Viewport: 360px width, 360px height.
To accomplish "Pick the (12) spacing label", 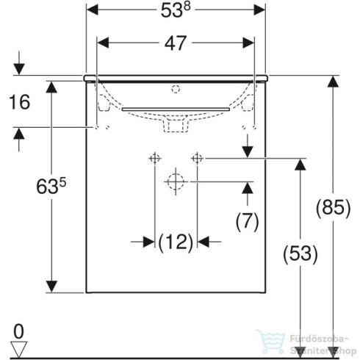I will (176, 240).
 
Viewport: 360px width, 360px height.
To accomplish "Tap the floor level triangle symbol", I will (19, 347).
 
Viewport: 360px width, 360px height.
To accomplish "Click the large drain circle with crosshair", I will (176, 181).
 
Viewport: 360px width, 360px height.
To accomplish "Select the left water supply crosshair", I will (154, 158).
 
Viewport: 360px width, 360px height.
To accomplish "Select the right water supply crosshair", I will (197, 158).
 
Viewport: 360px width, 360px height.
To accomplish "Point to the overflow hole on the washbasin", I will (176, 90).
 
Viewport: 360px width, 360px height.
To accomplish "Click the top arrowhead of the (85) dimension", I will (333, 82).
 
